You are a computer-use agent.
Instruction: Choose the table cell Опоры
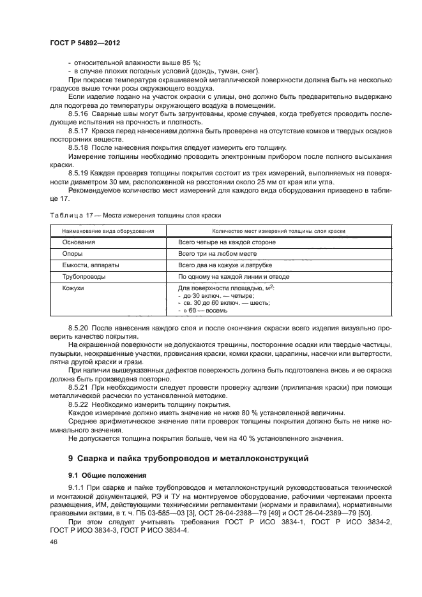coord(73,253)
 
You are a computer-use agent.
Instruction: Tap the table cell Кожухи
coord(73,288)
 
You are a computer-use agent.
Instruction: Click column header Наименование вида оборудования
coord(107,230)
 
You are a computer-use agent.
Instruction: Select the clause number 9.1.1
coord(77,487)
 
